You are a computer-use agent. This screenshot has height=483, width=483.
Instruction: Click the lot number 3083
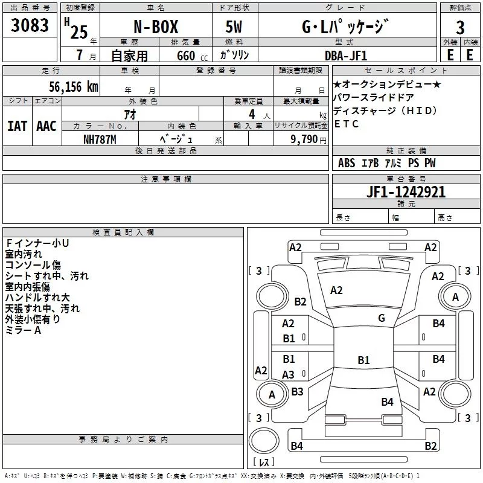pyautogui.click(x=30, y=26)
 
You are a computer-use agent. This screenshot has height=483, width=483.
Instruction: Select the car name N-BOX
pyautogui.click(x=155, y=27)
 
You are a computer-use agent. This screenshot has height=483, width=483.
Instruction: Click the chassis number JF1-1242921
pyautogui.click(x=406, y=192)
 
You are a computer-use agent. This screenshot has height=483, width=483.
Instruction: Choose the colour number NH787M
pyautogui.click(x=99, y=139)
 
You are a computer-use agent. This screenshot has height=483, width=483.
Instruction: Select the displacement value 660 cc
pyautogui.click(x=182, y=55)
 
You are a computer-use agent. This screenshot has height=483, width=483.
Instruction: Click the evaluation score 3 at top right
pyautogui.click(x=460, y=27)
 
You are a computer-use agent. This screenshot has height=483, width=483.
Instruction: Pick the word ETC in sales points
pyautogui.click(x=346, y=124)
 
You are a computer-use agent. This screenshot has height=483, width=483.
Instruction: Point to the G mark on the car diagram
pyautogui.click(x=382, y=318)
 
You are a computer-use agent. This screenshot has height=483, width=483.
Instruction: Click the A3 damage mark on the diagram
pyautogui.click(x=289, y=375)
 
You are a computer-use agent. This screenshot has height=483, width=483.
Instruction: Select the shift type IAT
pyautogui.click(x=16, y=126)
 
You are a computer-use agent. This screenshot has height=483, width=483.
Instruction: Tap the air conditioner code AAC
pyautogui.click(x=46, y=126)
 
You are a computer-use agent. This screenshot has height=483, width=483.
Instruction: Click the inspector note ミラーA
pyautogui.click(x=23, y=330)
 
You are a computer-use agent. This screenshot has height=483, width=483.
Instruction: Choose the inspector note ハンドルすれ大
pyautogui.click(x=37, y=298)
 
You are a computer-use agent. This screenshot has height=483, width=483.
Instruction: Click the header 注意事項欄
pyautogui.click(x=165, y=179)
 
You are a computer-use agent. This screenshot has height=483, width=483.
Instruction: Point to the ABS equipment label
pyautogui.click(x=347, y=163)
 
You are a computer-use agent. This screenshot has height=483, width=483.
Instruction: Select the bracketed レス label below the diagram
pyautogui.click(x=263, y=462)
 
